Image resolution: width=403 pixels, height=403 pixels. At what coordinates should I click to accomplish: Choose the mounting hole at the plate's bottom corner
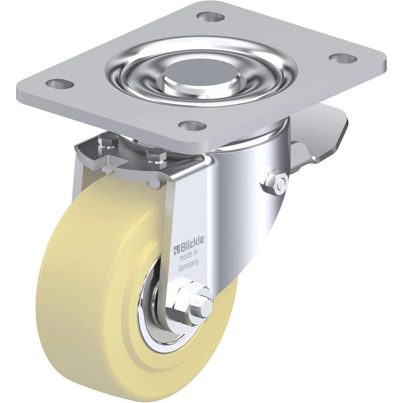point(193,126)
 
